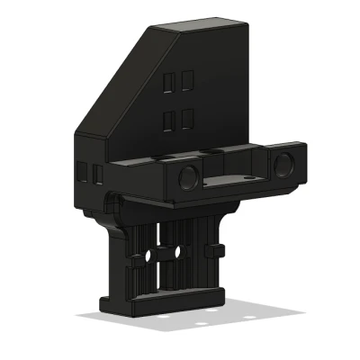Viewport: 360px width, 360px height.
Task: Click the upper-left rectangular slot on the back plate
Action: pyautogui.click(x=169, y=83)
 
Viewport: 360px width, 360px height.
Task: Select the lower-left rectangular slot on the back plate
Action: pyautogui.click(x=169, y=119)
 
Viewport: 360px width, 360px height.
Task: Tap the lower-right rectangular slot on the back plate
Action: pyautogui.click(x=186, y=117)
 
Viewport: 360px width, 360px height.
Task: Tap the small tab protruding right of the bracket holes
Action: pyautogui.click(x=216, y=247)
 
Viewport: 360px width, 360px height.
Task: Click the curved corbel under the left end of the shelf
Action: pyautogui.click(x=112, y=207)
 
